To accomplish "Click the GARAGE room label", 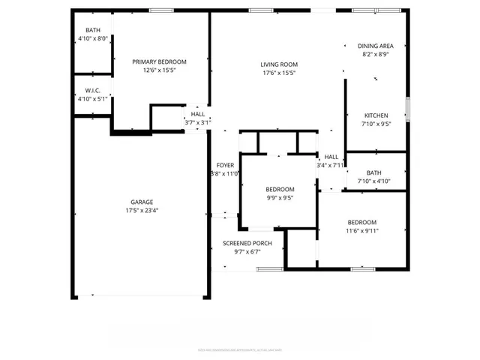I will pyautogui.click(x=142, y=202).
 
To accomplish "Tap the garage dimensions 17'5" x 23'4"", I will pyautogui.click(x=142, y=211).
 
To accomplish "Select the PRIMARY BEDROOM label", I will pyautogui.click(x=159, y=61).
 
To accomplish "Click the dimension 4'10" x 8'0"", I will pyautogui.click(x=93, y=38).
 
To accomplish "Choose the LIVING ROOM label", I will pyautogui.click(x=279, y=64).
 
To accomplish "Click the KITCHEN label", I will pyautogui.click(x=376, y=115).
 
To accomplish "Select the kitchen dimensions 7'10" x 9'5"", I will pyautogui.click(x=376, y=124).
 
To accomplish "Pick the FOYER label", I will pyautogui.click(x=225, y=165).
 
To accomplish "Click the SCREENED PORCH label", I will pyautogui.click(x=247, y=244).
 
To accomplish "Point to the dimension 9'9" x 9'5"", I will pyautogui.click(x=280, y=199).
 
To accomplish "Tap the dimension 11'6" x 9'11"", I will pyautogui.click(x=362, y=231).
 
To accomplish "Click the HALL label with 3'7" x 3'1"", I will pyautogui.click(x=197, y=114).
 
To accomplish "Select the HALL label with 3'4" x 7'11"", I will pyautogui.click(x=331, y=157).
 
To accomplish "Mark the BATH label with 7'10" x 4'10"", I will pyautogui.click(x=374, y=172).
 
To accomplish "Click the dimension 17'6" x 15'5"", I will pyautogui.click(x=279, y=73).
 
